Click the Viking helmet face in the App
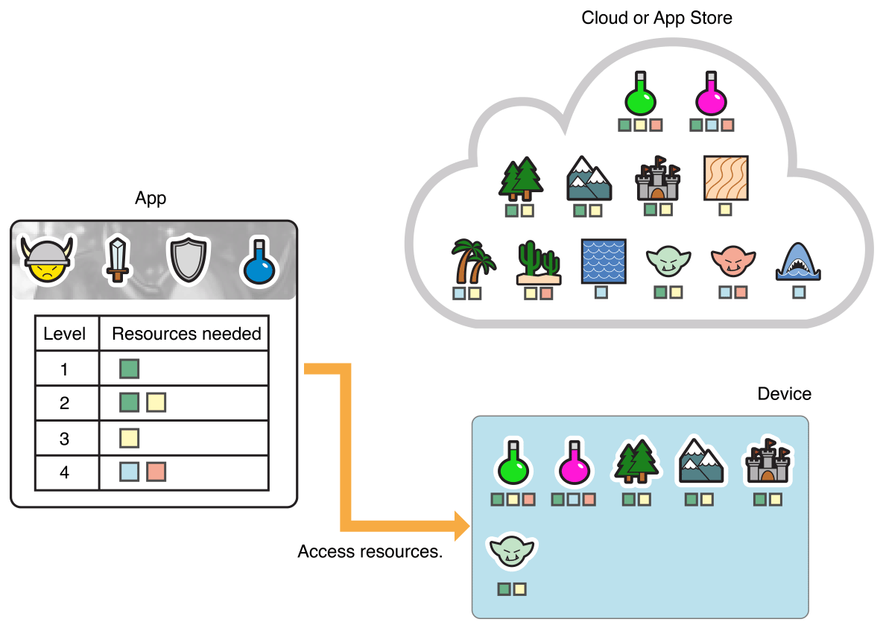click(x=47, y=259)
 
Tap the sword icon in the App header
click(x=117, y=259)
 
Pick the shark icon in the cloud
click(x=799, y=262)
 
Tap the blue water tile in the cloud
click(x=603, y=261)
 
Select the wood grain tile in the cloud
click(x=725, y=178)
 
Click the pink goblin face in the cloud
click(x=732, y=261)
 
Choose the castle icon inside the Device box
click(x=768, y=462)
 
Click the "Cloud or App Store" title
click(x=656, y=17)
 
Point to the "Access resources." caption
click(x=370, y=552)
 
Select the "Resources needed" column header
click(x=186, y=334)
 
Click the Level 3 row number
click(x=65, y=438)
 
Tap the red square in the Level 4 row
click(x=156, y=472)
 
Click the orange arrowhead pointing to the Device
click(x=461, y=526)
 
